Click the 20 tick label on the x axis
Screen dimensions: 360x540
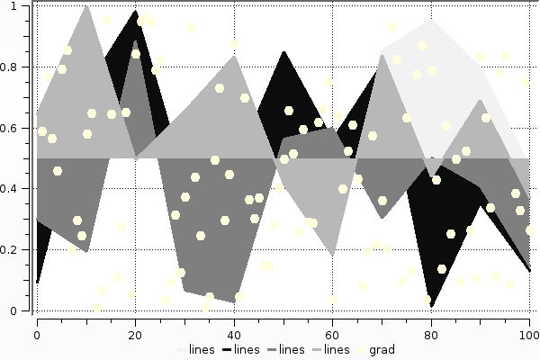(135, 336)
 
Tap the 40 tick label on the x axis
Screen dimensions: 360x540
(234, 336)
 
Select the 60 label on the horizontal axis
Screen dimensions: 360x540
(333, 336)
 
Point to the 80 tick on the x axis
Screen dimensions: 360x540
(432, 336)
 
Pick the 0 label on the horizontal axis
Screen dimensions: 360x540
(37, 336)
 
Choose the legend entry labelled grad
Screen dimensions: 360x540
(382, 349)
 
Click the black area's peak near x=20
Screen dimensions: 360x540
(135, 11)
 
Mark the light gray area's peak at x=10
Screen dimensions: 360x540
(85, 5)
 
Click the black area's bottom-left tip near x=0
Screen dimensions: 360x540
(37, 283)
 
